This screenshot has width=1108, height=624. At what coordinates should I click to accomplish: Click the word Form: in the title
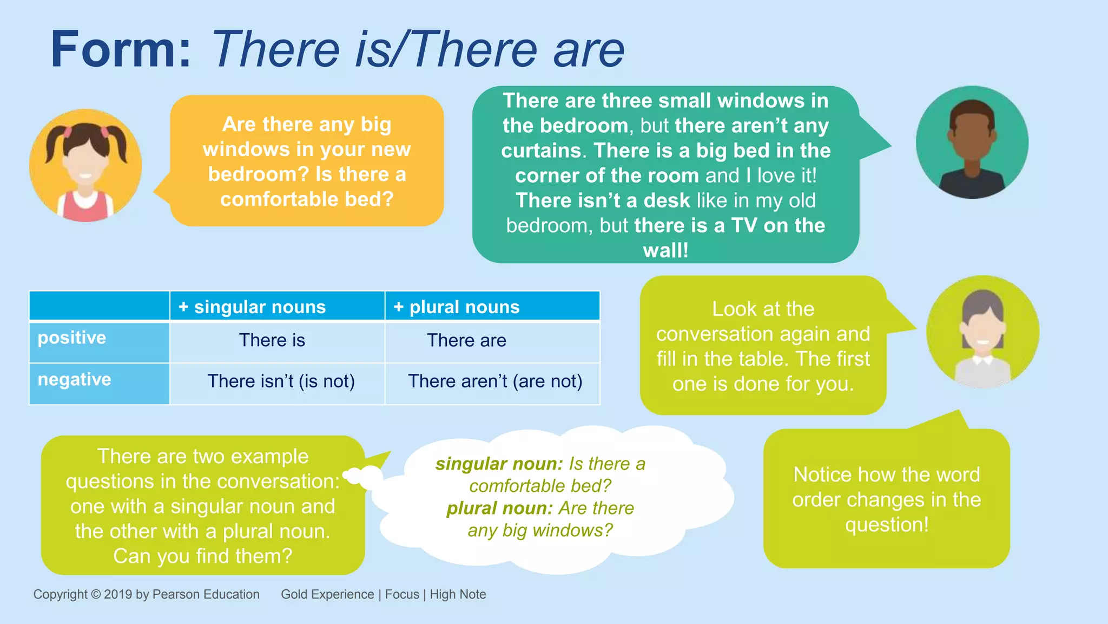(x=121, y=50)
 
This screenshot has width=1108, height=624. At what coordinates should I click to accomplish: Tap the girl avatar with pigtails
(x=85, y=165)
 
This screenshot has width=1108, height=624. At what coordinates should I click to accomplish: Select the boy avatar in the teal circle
(x=972, y=142)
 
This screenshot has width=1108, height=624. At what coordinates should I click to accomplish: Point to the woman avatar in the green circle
(x=982, y=332)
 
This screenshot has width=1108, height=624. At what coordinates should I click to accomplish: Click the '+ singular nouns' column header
(x=252, y=307)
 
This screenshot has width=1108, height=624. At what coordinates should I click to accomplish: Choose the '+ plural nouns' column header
(x=457, y=307)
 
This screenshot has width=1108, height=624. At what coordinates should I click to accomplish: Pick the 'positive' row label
(x=72, y=338)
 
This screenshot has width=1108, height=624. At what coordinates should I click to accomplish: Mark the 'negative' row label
(x=74, y=380)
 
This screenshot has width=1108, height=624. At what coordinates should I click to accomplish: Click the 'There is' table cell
(x=272, y=340)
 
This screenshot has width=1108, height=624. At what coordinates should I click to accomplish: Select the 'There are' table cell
(x=466, y=340)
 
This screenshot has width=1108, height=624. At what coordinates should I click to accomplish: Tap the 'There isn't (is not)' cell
(x=281, y=381)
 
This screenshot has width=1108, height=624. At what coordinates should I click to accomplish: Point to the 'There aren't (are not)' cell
(x=495, y=381)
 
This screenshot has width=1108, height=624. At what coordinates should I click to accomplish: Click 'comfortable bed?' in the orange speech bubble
(x=307, y=199)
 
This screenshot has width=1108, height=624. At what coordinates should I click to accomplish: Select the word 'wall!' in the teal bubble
(x=665, y=251)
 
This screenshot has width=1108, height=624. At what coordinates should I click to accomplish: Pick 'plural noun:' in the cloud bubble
(x=499, y=509)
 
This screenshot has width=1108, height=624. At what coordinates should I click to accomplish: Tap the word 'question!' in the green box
(x=887, y=525)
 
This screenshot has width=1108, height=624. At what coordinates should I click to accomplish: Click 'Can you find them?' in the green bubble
(x=202, y=556)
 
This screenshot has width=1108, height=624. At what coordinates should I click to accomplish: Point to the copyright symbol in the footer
(x=96, y=594)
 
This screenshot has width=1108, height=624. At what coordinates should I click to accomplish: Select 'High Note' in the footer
(x=458, y=594)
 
